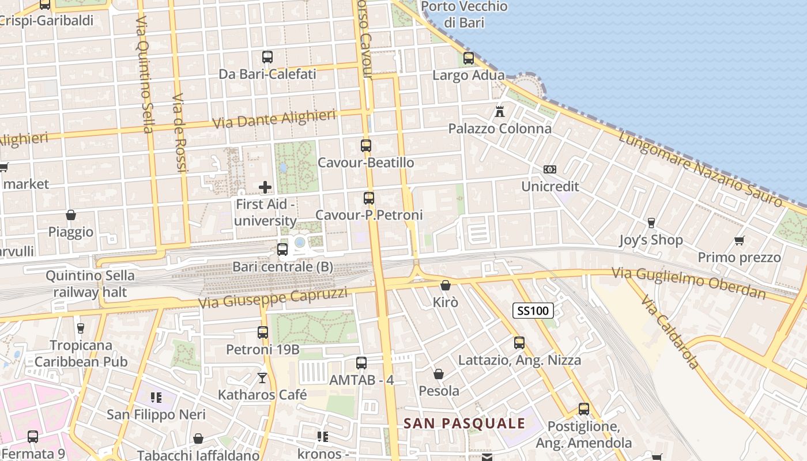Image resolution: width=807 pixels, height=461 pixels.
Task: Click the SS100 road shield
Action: point(533,311)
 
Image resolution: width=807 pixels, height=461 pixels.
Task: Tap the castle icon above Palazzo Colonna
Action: point(500,111)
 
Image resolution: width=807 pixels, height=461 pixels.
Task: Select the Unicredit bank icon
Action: point(550,169)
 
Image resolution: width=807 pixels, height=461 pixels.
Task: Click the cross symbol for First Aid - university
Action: point(265,187)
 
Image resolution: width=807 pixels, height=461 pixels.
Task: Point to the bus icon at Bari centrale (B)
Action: point(282,250)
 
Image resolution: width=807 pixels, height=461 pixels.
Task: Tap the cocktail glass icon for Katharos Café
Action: point(262,378)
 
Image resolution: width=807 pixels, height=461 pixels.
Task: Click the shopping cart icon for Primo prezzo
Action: point(739,240)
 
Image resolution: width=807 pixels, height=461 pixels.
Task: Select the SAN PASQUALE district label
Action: point(464,424)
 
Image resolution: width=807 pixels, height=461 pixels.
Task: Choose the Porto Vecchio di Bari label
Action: point(464,14)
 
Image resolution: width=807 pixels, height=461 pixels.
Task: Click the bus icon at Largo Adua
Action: point(469,58)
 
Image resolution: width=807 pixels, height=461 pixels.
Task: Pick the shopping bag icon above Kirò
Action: point(445,285)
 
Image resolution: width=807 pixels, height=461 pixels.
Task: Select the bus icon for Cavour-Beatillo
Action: point(366,146)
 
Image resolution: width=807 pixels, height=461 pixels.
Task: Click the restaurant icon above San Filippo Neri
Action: point(155,397)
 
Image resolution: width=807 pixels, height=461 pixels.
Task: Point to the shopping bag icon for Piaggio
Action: point(71,215)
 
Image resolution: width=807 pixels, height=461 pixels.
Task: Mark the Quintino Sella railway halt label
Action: point(90,284)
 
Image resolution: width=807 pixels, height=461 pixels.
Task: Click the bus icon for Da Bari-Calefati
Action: point(267,57)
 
